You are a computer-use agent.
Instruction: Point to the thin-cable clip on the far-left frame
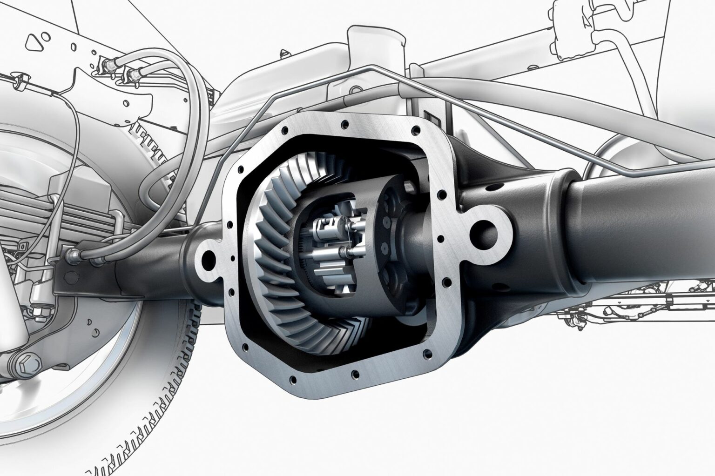tap(19, 83)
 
